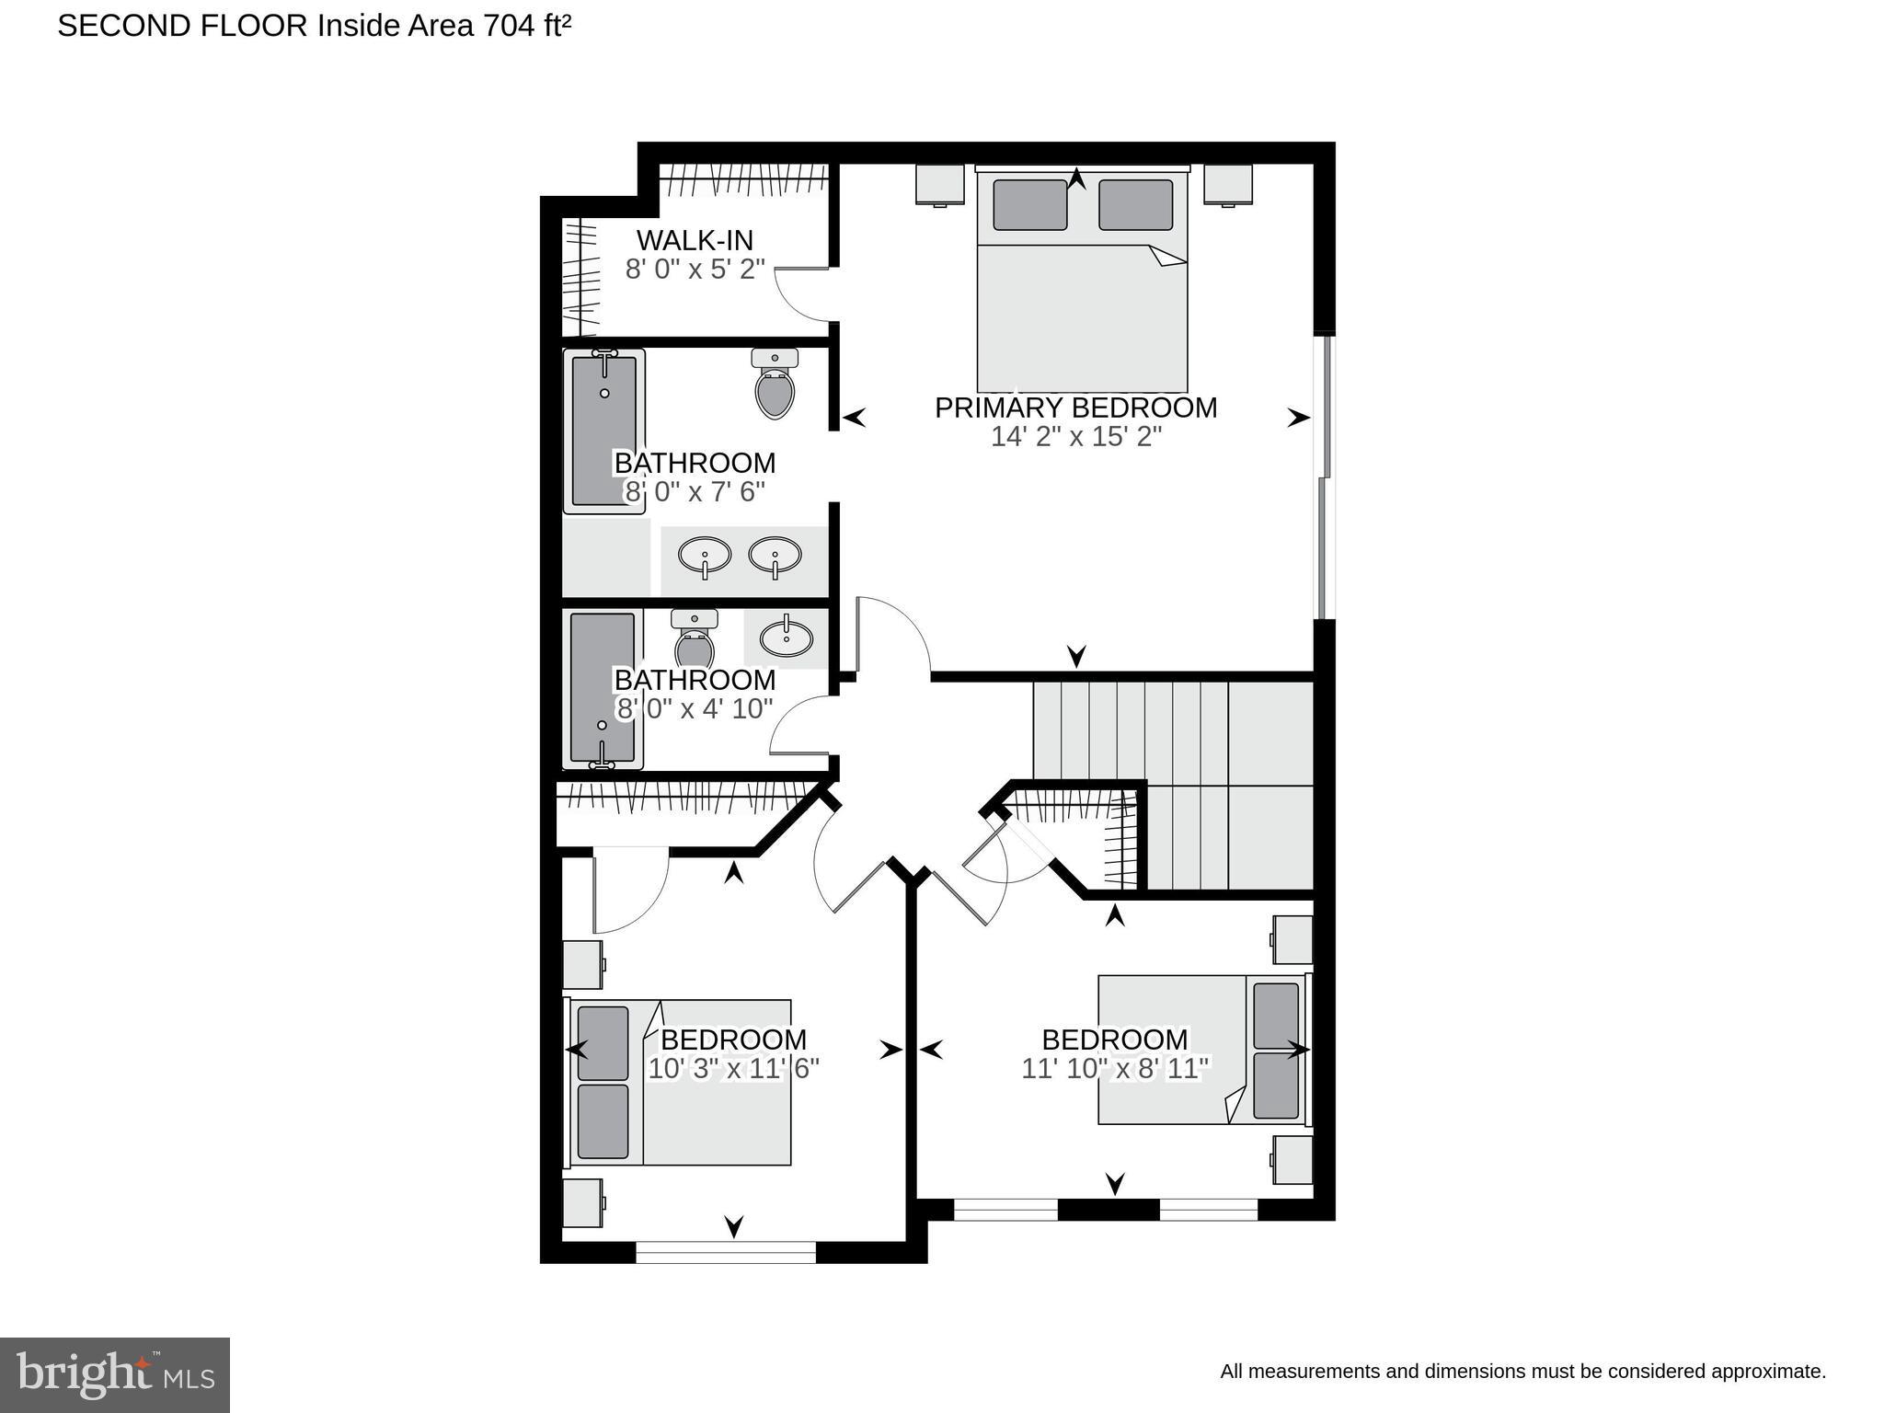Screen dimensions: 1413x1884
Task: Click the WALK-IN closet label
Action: click(695, 240)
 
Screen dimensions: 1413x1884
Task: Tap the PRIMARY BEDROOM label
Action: click(1075, 408)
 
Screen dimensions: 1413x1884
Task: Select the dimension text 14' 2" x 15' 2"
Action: click(1075, 437)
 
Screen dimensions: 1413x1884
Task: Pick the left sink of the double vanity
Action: click(705, 555)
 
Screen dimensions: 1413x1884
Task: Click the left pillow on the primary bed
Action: click(1029, 204)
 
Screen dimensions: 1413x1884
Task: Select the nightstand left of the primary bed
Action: click(939, 184)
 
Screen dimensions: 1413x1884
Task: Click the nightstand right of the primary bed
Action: click(1228, 184)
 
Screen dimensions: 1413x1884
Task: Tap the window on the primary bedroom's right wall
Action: click(1325, 477)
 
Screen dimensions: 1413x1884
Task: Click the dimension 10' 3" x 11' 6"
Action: click(733, 1069)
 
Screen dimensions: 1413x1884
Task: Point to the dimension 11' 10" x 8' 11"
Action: click(1114, 1069)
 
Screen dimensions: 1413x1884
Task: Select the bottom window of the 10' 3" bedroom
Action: click(726, 1251)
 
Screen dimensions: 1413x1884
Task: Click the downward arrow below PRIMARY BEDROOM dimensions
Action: click(1076, 656)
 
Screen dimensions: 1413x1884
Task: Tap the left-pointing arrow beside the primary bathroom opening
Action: click(855, 418)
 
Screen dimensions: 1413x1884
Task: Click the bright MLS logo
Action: click(115, 1374)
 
